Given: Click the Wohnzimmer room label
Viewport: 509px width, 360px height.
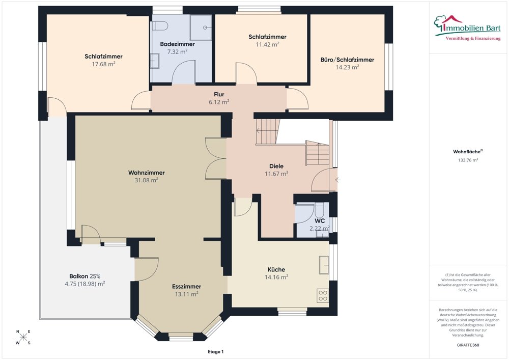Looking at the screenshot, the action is [147, 173].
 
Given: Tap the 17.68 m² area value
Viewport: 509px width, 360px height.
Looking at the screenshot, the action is [103, 64].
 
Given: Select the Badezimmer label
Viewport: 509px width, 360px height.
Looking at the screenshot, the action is [177, 44].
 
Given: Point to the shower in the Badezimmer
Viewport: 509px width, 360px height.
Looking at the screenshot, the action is [201, 27].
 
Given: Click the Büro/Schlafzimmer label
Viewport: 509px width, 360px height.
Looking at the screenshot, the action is [347, 60].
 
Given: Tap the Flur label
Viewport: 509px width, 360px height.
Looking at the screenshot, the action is [219, 95].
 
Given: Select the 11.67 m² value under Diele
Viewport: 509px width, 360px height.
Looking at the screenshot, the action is [276, 174].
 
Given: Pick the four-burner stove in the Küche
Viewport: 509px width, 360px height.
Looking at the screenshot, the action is [323, 295].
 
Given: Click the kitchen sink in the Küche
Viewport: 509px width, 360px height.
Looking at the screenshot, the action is [324, 265].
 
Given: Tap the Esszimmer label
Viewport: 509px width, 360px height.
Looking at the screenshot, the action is [187, 287].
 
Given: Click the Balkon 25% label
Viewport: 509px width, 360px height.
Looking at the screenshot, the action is [84, 276].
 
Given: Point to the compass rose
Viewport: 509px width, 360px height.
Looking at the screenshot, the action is [23, 337].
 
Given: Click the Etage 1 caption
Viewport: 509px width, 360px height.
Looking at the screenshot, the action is [216, 351].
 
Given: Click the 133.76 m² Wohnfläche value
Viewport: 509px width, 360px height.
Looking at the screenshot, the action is [468, 160].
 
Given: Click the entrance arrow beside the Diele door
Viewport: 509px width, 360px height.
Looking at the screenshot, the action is [338, 180].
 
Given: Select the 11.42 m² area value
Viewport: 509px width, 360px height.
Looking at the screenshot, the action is [268, 44].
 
